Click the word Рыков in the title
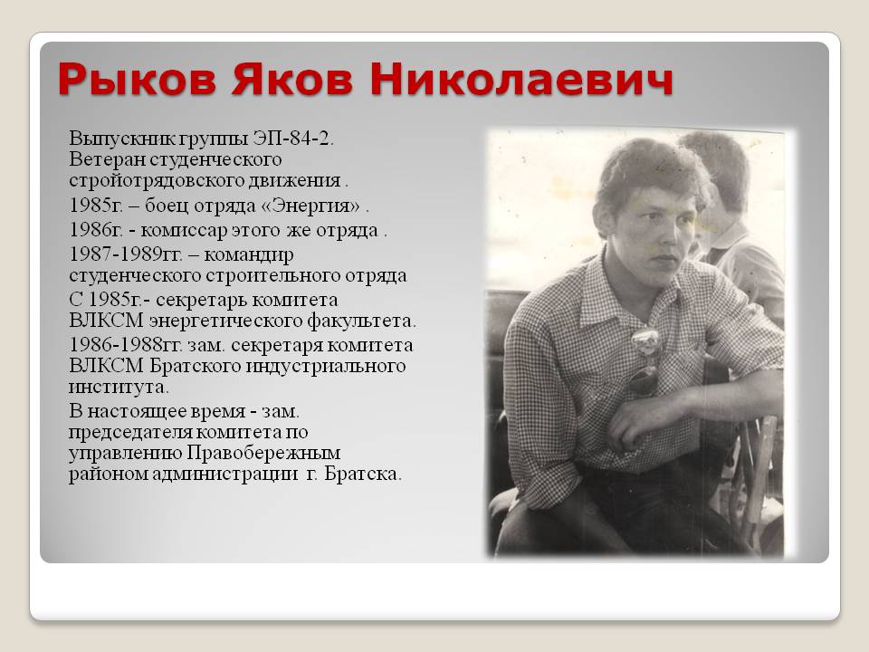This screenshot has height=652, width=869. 137,79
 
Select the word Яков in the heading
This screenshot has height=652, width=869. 292,79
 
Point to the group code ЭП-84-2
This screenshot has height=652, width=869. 293,138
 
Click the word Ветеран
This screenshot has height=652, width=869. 107,159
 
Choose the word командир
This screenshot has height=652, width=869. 249,255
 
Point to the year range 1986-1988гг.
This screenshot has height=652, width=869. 126,344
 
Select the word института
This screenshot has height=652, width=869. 119,387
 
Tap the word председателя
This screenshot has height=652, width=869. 130,433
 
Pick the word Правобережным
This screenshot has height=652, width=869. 263,454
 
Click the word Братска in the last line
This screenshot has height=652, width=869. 362,474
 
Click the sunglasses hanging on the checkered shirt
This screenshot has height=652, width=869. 645,360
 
